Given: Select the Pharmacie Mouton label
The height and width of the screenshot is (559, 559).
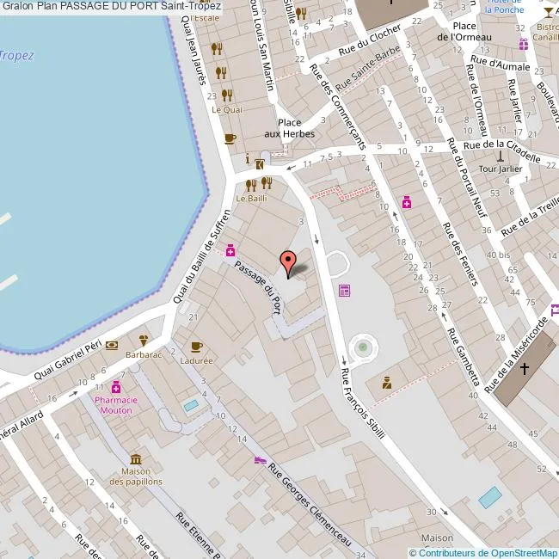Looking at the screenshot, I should (x=114, y=405).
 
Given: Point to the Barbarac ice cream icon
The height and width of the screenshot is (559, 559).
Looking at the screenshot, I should (x=144, y=340).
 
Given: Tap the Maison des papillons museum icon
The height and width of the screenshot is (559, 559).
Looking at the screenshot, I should (x=136, y=459).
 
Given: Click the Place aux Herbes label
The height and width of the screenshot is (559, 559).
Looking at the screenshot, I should (x=288, y=128).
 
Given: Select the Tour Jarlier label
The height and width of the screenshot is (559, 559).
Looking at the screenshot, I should (x=501, y=169).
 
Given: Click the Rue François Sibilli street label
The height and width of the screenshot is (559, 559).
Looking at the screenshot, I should (x=362, y=404).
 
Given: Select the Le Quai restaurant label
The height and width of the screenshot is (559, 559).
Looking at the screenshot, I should (x=227, y=109).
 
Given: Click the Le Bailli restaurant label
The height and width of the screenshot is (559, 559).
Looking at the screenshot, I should (x=251, y=199).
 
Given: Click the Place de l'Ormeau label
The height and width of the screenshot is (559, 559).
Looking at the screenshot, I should (x=464, y=31).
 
